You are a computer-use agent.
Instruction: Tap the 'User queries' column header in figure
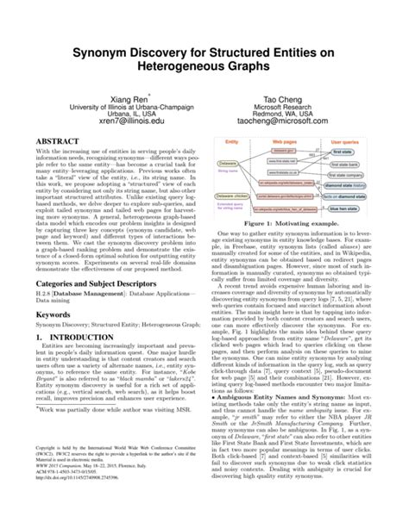352,140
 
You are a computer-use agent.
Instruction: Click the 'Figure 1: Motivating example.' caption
296,222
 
